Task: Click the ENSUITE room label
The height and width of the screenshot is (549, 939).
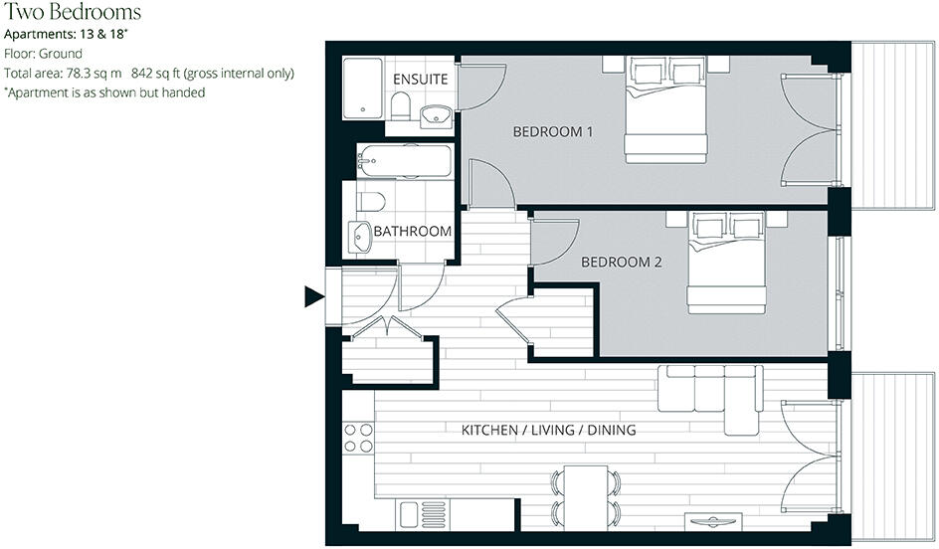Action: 420,79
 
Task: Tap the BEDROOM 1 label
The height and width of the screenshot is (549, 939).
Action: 552,131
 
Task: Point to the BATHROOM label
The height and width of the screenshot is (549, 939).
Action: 412,231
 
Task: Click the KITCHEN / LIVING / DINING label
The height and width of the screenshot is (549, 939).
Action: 548,431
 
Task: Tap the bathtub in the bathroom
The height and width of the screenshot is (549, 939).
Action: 405,160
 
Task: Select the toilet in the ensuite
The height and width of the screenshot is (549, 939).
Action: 400,105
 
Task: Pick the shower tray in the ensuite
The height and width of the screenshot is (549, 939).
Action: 364,89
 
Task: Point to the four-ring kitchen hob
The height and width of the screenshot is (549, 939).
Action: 358,439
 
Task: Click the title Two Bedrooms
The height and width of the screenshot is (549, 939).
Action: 72,13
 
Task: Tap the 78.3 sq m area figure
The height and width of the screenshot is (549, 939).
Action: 94,74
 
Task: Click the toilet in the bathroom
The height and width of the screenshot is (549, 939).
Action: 371,202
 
